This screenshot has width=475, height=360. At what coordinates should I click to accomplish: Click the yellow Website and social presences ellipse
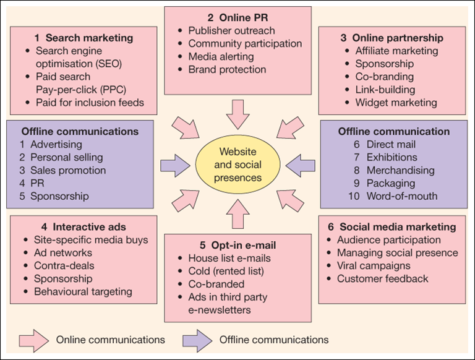237,165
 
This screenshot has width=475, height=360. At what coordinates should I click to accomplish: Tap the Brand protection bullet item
226,70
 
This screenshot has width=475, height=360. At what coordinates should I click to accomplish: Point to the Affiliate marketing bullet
396,51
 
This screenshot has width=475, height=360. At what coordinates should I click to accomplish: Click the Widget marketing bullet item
396,103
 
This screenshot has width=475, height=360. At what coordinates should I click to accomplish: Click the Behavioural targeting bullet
83,291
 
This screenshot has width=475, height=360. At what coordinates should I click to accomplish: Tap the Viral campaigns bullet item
373,266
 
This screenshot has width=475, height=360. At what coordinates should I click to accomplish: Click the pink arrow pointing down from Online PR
237,113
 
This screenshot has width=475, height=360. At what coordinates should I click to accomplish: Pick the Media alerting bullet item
222,57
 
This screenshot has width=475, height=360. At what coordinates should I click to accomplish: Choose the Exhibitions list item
391,157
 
